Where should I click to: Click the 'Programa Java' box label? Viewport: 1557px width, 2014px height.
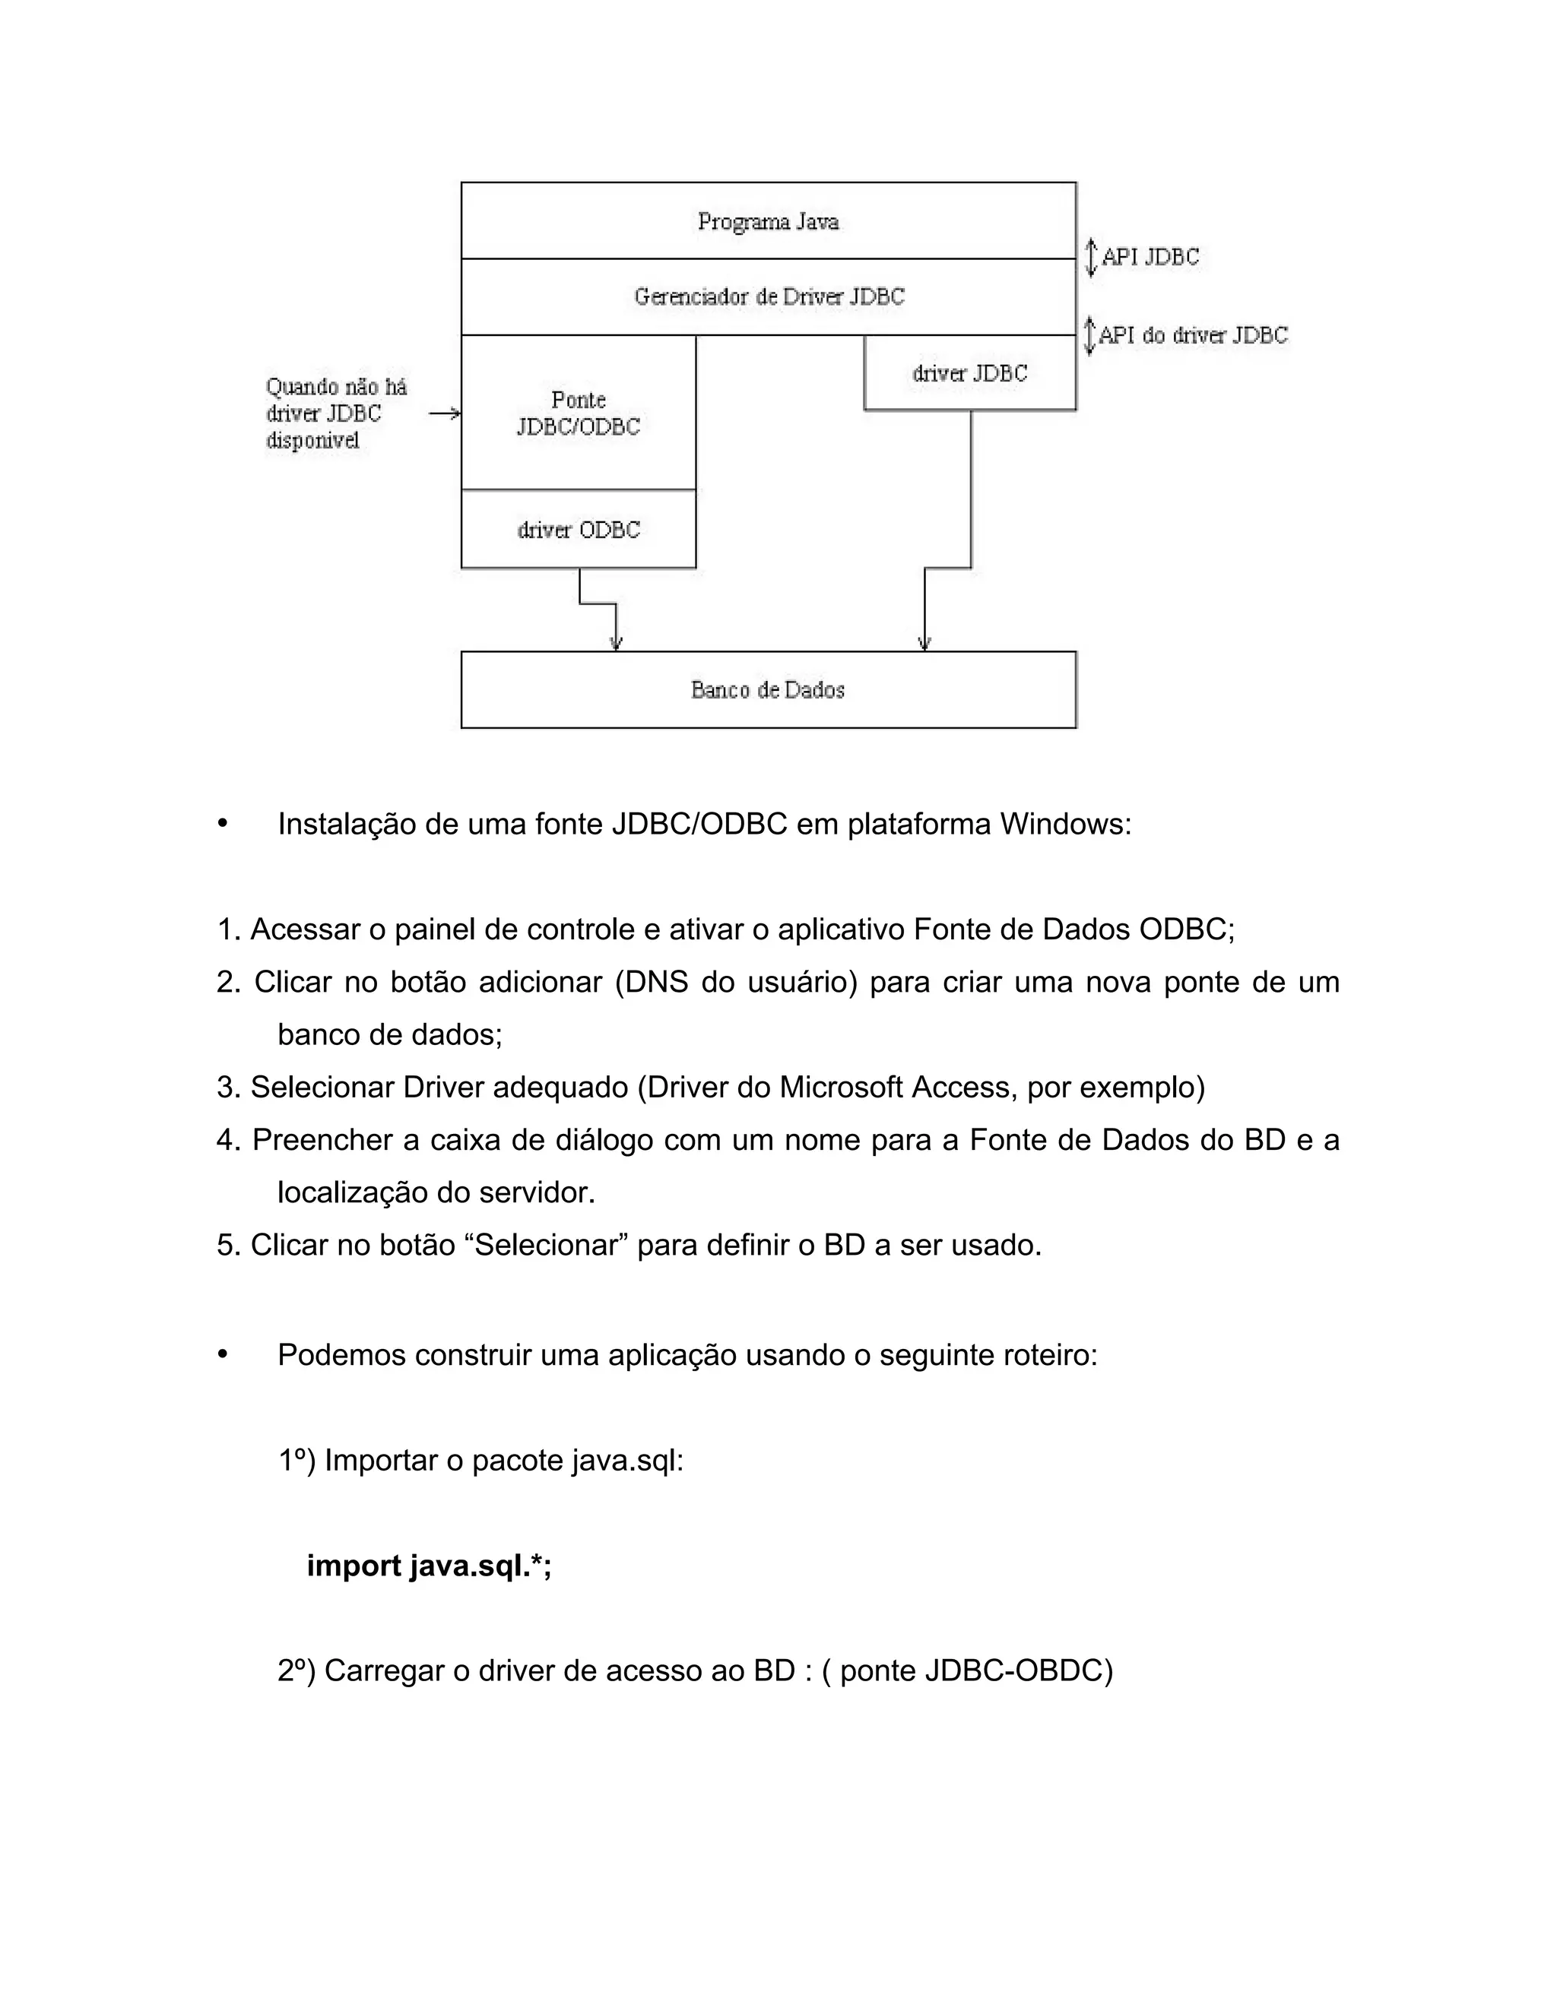(767, 222)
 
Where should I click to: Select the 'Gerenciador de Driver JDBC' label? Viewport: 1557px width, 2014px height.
(769, 297)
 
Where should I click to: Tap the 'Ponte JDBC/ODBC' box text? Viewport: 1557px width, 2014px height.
(579, 413)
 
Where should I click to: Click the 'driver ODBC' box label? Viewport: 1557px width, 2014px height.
(579, 530)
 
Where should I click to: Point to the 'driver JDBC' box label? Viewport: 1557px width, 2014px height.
(969, 373)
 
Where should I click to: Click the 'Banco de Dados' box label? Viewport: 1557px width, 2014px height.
(767, 690)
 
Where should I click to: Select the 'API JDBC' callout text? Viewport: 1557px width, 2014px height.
(1150, 258)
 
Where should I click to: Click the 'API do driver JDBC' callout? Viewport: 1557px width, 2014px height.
(1193, 336)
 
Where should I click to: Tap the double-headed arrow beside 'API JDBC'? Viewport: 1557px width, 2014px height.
(1090, 258)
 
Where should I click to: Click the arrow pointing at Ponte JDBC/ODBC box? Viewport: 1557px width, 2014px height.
(445, 414)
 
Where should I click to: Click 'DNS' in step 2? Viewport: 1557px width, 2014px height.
(657, 982)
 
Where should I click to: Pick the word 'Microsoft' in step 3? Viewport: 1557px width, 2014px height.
(840, 1088)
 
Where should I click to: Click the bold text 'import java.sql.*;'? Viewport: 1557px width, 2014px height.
(429, 1566)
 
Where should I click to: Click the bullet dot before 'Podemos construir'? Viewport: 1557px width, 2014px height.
(222, 1354)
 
